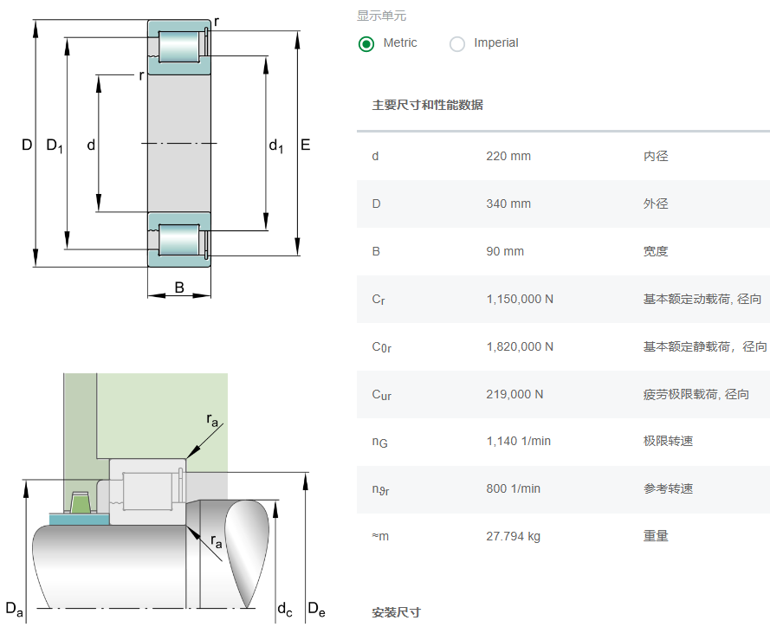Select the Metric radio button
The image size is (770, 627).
[366, 43]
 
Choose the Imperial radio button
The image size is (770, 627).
[457, 43]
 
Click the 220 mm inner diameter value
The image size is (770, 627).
[508, 157]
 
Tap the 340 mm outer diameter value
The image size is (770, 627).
[508, 204]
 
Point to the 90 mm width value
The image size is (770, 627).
[505, 252]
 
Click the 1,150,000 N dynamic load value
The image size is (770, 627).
[520, 300]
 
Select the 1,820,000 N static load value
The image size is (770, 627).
[520, 347]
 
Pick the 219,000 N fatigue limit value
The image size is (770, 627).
[514, 395]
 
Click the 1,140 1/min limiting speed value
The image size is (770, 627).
[518, 442]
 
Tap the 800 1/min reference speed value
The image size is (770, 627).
[513, 489]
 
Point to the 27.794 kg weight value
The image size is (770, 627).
[513, 537]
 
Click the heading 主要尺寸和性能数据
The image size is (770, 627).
[427, 106]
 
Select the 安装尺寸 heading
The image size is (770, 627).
[396, 613]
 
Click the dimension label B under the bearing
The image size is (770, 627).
[179, 288]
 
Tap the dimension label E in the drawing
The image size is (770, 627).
[306, 145]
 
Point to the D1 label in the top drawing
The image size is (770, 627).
[55, 145]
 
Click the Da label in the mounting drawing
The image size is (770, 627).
[15, 608]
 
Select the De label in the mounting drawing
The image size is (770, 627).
[316, 610]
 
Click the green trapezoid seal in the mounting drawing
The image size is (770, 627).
[80, 502]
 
